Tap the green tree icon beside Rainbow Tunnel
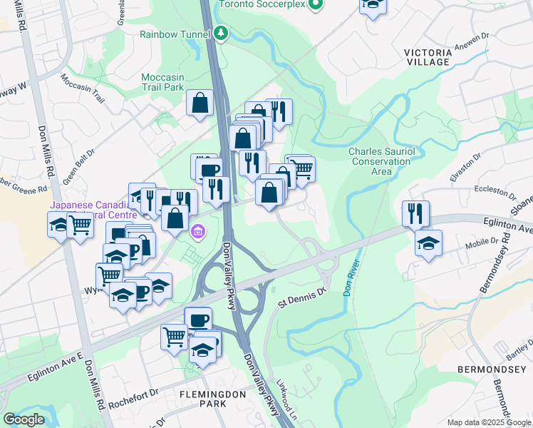pyautogui.click(x=222, y=33)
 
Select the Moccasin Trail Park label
pyautogui.click(x=162, y=82)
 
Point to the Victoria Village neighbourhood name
pyautogui.click(x=428, y=57)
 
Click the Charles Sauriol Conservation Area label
pyautogui.click(x=379, y=161)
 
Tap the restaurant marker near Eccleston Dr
pyautogui.click(x=415, y=213)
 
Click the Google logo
pyautogui.click(x=24, y=419)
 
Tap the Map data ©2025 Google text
pyautogui.click(x=488, y=422)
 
